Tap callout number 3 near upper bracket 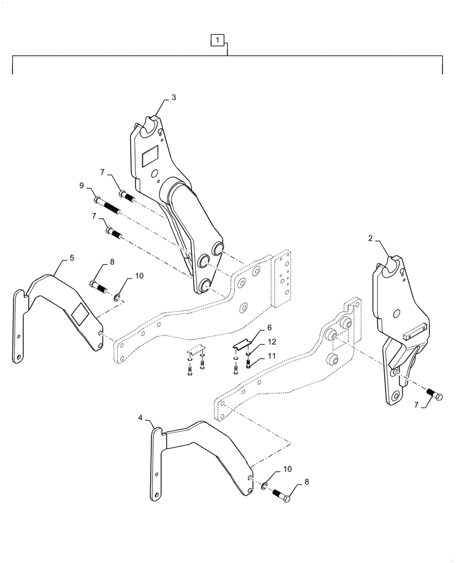pyautogui.click(x=173, y=97)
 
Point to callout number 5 pyautogui.click(x=71, y=257)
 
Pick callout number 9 pyautogui.click(x=82, y=185)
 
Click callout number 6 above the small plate pyautogui.click(x=269, y=328)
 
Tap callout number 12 pyautogui.click(x=272, y=342)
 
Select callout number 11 pyautogui.click(x=271, y=356)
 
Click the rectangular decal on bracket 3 pyautogui.click(x=151, y=156)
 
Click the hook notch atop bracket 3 pyautogui.click(x=150, y=125)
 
